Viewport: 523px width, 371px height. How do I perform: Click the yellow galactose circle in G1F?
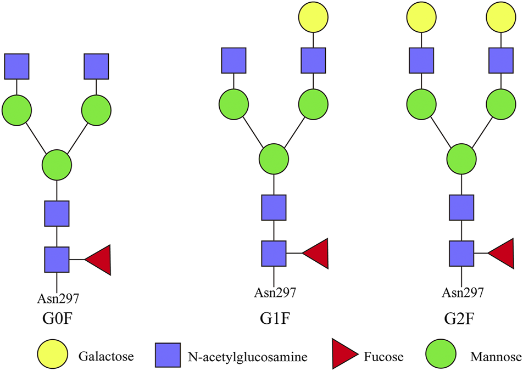(314, 17)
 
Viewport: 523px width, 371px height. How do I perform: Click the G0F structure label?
(57, 320)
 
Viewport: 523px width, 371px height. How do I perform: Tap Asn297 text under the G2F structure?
(463, 293)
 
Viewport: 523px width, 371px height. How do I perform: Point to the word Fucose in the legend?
(383, 357)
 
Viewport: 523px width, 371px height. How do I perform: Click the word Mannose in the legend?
(496, 357)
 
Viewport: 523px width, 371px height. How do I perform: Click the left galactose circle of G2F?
(421, 17)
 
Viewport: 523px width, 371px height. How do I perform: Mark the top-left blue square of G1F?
(234, 60)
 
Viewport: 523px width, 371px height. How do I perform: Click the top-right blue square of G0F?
(97, 66)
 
